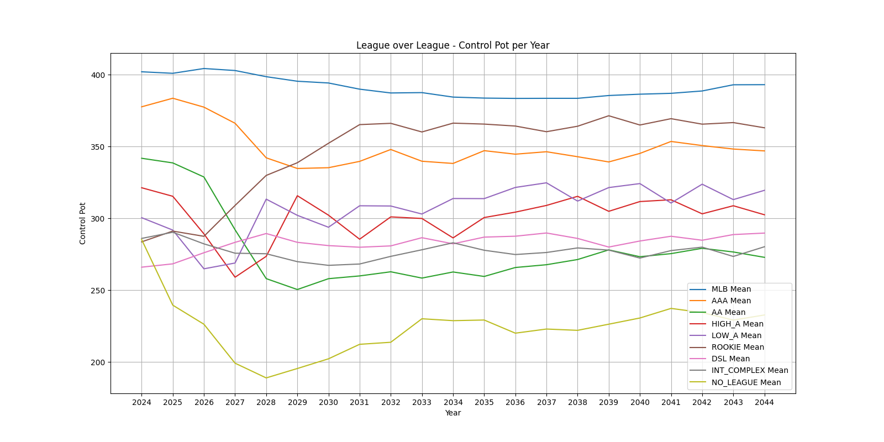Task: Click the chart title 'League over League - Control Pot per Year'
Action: (452, 45)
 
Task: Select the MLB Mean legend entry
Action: (731, 289)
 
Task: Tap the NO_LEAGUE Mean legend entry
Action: (746, 382)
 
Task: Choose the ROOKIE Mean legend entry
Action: (738, 347)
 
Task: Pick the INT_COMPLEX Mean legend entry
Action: (750, 370)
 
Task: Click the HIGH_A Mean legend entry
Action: (737, 324)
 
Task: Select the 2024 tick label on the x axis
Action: (141, 402)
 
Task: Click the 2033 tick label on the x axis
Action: (422, 402)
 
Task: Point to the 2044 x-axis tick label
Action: (764, 402)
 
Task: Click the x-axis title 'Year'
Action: (452, 413)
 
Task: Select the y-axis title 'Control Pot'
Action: (83, 223)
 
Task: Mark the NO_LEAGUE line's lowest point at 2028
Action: (266, 378)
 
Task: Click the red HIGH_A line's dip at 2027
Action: (235, 277)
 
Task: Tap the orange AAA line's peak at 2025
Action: (173, 98)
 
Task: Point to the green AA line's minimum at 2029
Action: (297, 290)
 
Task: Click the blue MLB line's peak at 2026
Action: (204, 69)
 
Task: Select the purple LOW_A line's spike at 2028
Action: (266, 199)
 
